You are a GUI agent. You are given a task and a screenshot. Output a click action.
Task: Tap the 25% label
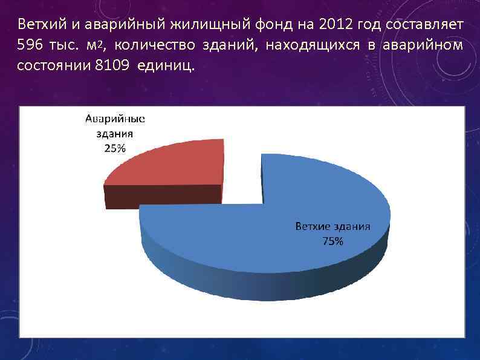[x=115, y=149]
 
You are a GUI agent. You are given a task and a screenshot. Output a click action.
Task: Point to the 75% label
[x=332, y=241]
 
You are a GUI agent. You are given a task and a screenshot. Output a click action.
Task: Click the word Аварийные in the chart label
[x=114, y=119]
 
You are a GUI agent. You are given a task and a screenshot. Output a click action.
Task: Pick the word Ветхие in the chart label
[x=312, y=227]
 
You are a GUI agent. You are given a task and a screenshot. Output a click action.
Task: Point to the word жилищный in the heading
[x=198, y=25]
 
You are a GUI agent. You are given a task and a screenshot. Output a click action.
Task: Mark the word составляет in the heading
[x=427, y=25]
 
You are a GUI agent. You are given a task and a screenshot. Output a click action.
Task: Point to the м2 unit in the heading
[x=96, y=45]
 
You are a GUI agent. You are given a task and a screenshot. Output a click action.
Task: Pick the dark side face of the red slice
[x=163, y=195]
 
